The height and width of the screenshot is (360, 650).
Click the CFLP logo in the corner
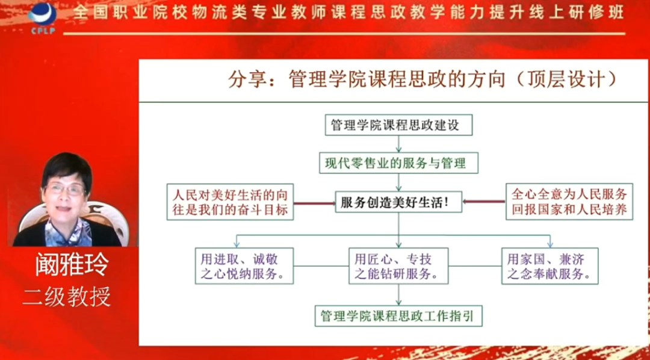coord(42,17)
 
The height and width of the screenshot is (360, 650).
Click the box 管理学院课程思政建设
coord(398,125)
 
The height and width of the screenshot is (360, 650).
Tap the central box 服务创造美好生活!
coord(398,202)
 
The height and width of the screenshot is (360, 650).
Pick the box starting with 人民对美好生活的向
coord(229,202)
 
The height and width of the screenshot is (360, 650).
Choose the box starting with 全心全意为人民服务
coord(569,201)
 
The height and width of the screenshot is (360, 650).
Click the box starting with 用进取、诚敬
coord(243,266)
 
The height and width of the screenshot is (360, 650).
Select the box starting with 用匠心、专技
coord(397,266)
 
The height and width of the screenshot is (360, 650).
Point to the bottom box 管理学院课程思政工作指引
coord(398,315)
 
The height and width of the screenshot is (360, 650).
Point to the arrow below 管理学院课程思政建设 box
coord(398,143)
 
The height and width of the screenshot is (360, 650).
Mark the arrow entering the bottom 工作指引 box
coord(398,295)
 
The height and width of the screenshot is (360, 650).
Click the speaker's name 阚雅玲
coord(70,265)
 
